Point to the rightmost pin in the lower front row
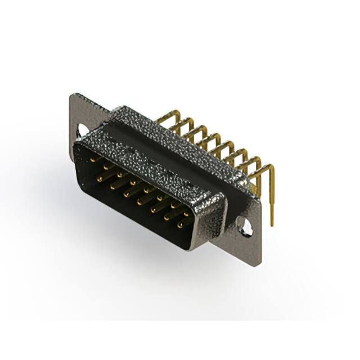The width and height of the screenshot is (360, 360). click(x=181, y=226)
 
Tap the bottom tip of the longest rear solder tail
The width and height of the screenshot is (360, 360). click(x=273, y=224)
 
